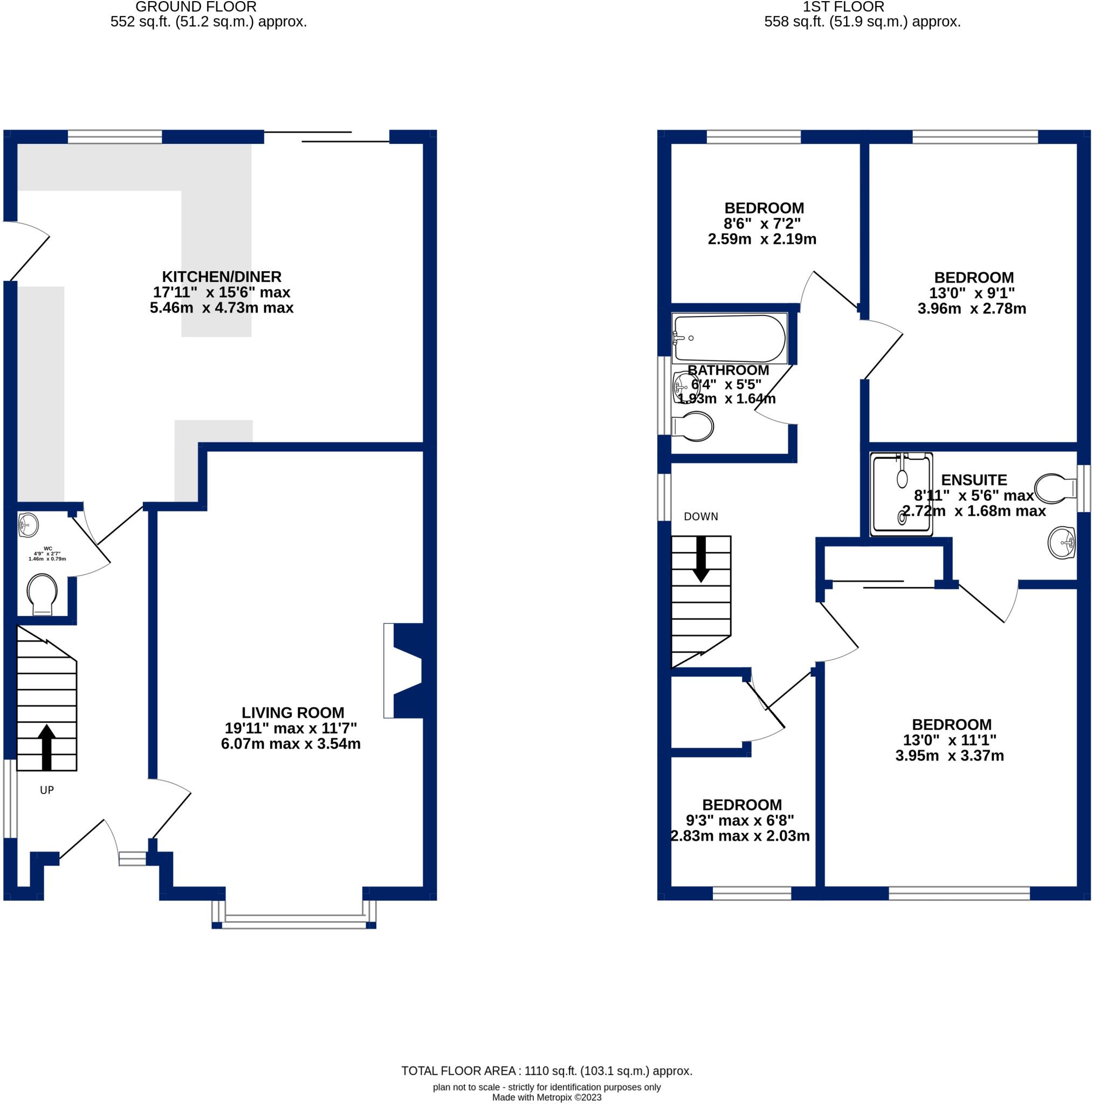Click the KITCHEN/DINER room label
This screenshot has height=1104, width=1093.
click(221, 277)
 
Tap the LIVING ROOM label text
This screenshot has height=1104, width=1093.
click(293, 713)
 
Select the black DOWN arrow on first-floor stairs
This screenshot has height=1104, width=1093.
click(701, 560)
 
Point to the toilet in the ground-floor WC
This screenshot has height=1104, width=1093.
click(42, 594)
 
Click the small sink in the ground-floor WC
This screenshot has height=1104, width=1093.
click(28, 525)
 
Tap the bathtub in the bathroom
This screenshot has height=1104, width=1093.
click(730, 339)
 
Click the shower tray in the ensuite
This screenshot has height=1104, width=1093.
click(902, 494)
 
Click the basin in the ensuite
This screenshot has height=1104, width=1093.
click(1062, 542)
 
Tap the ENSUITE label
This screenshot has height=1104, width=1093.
click(973, 480)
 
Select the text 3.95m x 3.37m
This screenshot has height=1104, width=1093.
click(950, 755)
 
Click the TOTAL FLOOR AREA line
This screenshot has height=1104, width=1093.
click(547, 1071)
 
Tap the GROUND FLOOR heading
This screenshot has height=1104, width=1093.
click(196, 7)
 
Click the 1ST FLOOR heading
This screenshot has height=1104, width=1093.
click(843, 7)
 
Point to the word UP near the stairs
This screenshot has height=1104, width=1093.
click(47, 790)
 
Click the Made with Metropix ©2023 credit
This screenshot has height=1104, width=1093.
click(547, 1097)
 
